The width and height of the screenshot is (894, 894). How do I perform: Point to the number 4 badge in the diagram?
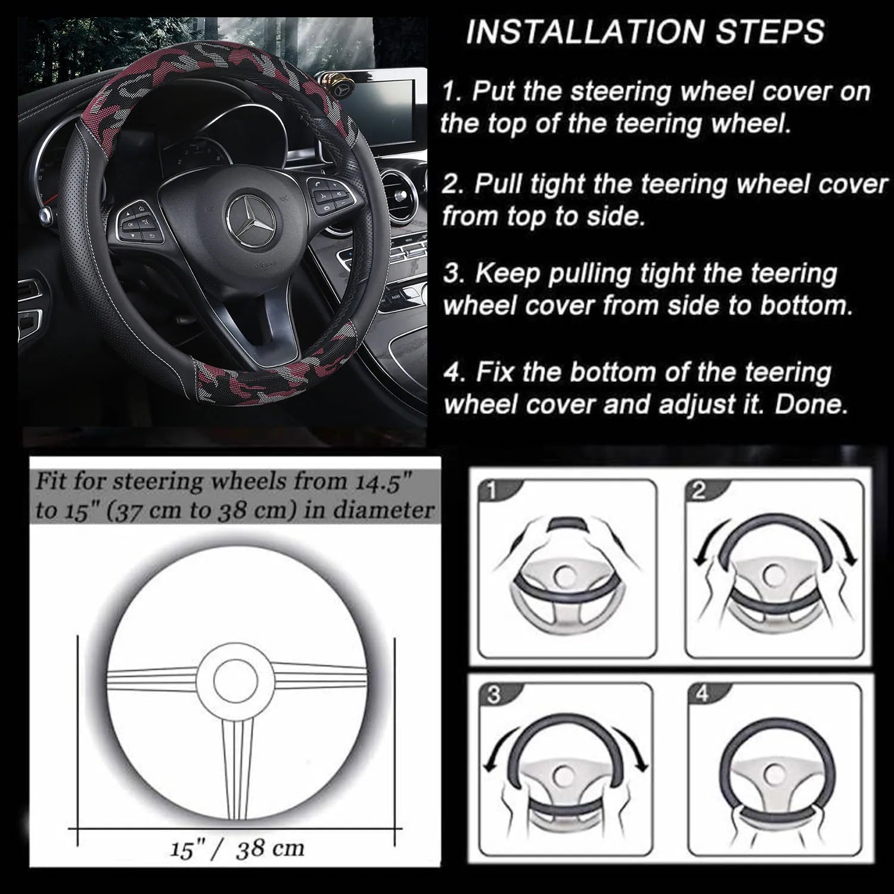pyautogui.click(x=703, y=695)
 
